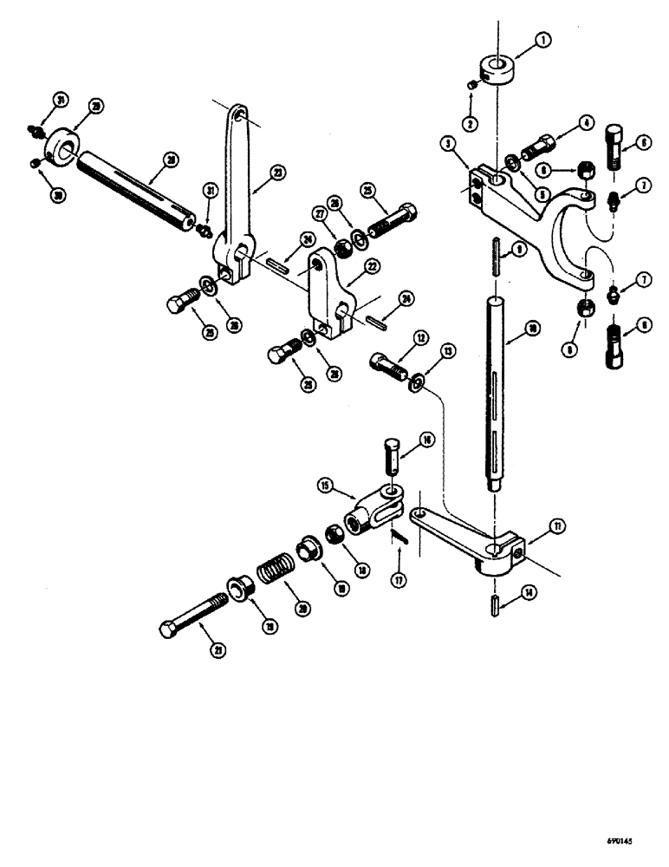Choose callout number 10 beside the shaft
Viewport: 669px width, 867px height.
point(533,328)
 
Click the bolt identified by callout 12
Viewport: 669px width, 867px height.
point(388,364)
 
